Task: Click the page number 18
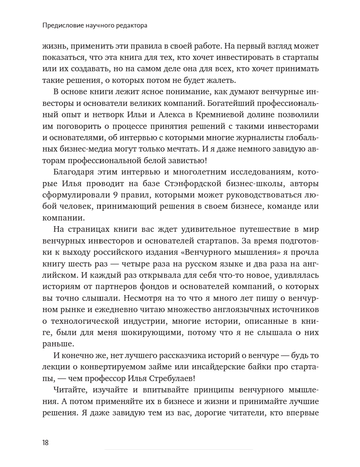45,443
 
